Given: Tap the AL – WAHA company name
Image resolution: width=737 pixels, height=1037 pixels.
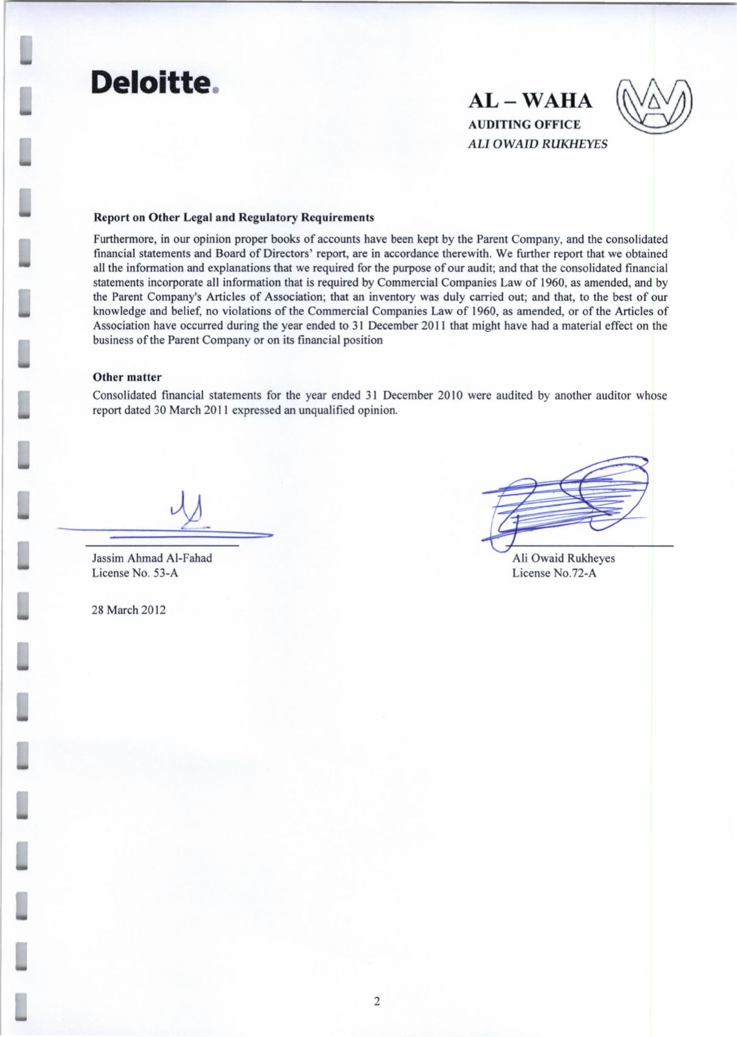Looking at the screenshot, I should [530, 101].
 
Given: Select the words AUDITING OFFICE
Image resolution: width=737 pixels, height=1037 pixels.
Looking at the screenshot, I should [524, 125].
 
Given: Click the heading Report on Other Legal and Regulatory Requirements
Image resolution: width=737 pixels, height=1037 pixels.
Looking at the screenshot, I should [233, 218].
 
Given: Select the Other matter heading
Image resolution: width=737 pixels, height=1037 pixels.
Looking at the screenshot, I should [127, 377].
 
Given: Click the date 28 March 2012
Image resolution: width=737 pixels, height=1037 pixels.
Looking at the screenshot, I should [128, 610].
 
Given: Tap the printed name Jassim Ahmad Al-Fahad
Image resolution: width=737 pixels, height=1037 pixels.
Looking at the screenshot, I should [152, 558].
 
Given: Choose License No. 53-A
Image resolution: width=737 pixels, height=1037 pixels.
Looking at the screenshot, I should [135, 573].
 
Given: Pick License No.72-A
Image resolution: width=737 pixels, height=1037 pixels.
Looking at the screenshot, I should [554, 573].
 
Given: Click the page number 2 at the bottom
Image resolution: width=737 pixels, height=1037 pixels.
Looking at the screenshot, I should [377, 1002].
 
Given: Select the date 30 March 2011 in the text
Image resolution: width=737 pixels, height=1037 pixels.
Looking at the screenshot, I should [180, 410].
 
